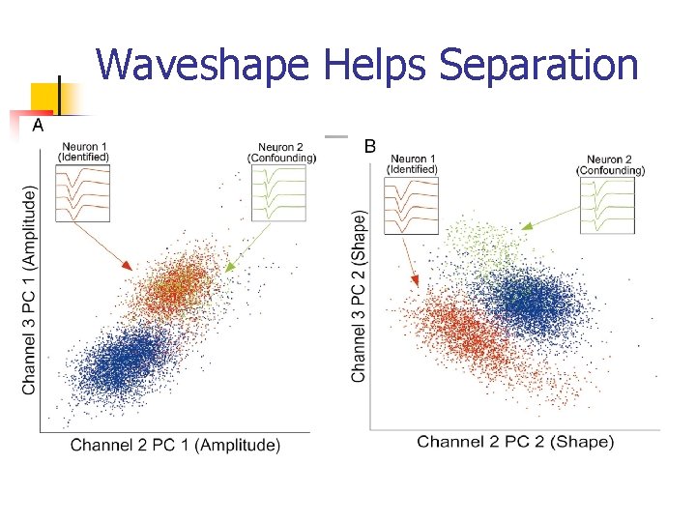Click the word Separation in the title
click(x=538, y=66)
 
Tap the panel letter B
click(x=368, y=147)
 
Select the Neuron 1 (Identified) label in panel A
click(x=83, y=152)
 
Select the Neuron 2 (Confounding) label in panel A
click(x=282, y=152)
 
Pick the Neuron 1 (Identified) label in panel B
click(x=412, y=164)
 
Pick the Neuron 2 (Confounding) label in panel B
click(x=610, y=164)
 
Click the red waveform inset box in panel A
click(x=83, y=192)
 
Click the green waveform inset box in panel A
click(x=278, y=192)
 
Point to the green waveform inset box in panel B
click(x=607, y=205)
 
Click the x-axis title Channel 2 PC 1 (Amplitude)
click(x=175, y=446)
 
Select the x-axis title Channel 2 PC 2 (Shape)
click(x=515, y=442)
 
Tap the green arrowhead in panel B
click(x=526, y=226)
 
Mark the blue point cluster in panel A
click(x=124, y=362)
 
